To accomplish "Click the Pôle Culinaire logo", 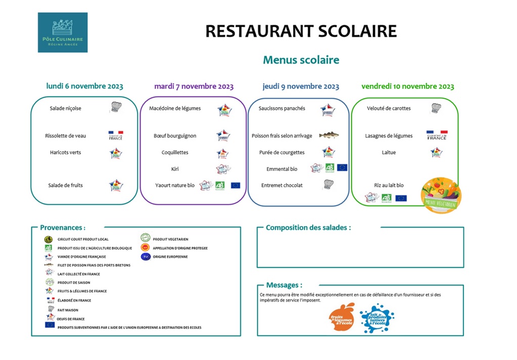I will (x=63, y=32).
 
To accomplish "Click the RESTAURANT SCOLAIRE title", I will (x=301, y=31).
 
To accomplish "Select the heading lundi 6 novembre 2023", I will (x=84, y=86).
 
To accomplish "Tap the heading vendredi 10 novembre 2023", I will (x=407, y=86).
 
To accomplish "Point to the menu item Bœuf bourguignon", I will (x=175, y=136).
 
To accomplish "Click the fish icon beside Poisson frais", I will (x=328, y=136).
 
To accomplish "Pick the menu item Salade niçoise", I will (x=65, y=108).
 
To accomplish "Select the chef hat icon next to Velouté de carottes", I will (x=436, y=108).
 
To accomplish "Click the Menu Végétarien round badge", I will (x=441, y=195).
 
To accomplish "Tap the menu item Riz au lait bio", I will (x=389, y=186).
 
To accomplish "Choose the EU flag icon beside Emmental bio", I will (x=342, y=167).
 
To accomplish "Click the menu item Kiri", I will (x=175, y=169).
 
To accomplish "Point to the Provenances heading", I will (x=63, y=228).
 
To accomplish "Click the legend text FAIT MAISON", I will (x=68, y=310).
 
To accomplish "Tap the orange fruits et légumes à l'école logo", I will (x=342, y=317).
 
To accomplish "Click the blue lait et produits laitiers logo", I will (x=377, y=318).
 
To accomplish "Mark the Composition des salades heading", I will (x=308, y=228).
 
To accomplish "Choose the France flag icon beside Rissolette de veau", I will (x=116, y=136).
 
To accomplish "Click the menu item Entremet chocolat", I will (x=282, y=186).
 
